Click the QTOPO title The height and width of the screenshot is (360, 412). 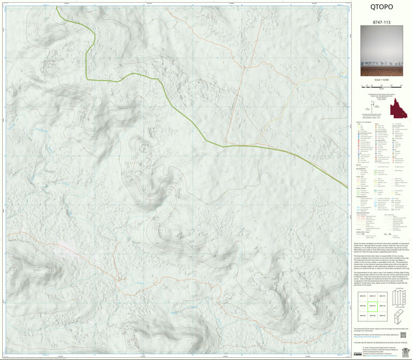tap(381, 7)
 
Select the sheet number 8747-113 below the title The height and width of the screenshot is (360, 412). tap(381, 23)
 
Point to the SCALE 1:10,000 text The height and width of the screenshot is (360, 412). tap(381, 80)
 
